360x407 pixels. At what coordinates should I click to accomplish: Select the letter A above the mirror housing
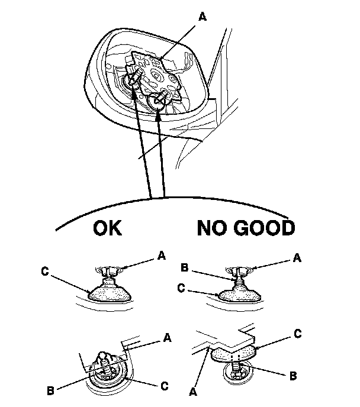click(x=203, y=18)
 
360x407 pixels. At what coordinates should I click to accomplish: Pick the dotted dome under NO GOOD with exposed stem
click(x=239, y=293)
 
